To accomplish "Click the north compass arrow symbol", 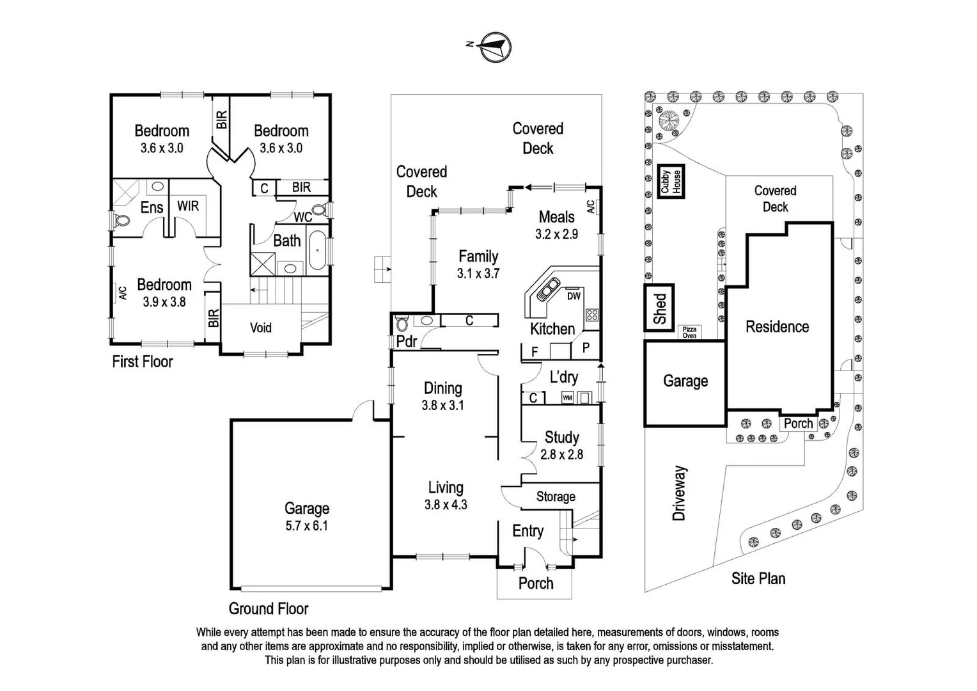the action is (496, 47).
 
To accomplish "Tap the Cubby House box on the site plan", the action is (671, 181).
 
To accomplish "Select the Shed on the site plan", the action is (659, 308).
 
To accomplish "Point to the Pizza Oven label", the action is (689, 332).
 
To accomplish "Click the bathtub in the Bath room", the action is (317, 250).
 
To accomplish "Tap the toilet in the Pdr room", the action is (402, 324).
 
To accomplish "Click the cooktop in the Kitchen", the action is (592, 315).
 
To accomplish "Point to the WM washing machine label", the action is (567, 398).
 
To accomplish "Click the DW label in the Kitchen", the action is (574, 296).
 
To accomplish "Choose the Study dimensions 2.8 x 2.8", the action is (561, 455).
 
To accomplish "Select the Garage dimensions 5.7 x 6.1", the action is (307, 525).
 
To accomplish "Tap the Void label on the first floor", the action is (260, 328).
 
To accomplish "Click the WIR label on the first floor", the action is (188, 206).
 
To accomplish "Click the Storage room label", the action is (556, 496).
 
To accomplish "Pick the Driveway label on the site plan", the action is (679, 493).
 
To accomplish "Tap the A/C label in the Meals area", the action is (591, 207).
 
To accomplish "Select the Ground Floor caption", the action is (269, 608).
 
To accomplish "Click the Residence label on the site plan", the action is (778, 326).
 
